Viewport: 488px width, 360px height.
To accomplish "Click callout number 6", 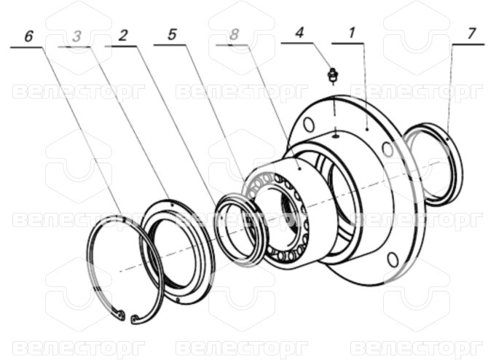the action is point(28,36).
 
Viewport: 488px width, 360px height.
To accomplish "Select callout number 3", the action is point(76,36).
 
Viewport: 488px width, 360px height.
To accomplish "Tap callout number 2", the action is point(123,36).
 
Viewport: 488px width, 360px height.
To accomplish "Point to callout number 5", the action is point(172,34).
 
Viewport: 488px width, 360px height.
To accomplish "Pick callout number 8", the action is point(234,34).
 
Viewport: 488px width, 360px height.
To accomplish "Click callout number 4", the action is point(299,33).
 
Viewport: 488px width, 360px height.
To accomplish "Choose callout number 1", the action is point(352,33).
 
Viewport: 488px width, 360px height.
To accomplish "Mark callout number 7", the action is point(471,34).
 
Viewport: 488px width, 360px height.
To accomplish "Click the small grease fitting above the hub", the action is point(333,76).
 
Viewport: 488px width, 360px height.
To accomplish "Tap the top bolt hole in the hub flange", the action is point(309,125).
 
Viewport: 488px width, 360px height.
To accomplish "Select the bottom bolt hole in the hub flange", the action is point(393,259).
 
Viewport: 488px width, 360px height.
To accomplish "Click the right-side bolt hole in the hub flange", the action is point(387,149).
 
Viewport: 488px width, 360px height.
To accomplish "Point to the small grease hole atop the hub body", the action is point(336,136).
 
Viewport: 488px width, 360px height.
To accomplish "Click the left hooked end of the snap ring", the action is point(122,315).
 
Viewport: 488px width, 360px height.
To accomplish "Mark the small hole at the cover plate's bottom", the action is point(178,300).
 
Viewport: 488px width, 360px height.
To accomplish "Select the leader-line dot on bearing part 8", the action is point(299,168).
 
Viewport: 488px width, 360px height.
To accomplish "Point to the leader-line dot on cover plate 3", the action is point(172,205).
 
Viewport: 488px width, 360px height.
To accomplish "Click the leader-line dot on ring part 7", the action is point(447,139).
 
